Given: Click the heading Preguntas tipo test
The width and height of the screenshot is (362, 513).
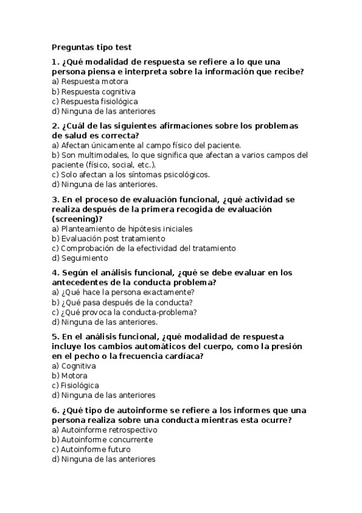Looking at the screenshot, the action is [x=91, y=47].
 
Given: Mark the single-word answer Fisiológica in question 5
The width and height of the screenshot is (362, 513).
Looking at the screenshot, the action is [x=79, y=385].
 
